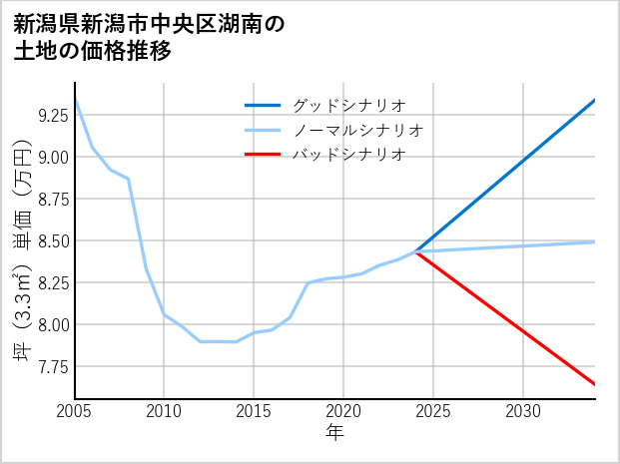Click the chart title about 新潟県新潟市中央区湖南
coord(150,38)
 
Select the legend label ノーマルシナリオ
coord(357,130)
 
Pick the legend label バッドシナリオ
coord(348,155)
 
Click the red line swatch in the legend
coord(265,155)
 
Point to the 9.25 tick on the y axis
coord(52,115)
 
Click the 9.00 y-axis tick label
coord(52,157)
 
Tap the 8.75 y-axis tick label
coord(52,199)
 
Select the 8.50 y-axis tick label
coord(52,240)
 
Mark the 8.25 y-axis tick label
coord(52,282)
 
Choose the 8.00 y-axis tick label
coord(52,324)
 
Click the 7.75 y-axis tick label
coord(52,366)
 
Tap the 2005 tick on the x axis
coord(75,411)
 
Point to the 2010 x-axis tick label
coord(164,411)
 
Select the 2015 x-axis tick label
coord(254,411)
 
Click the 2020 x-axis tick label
coord(343,411)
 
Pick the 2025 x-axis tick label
coord(433,411)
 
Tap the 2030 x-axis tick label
coord(523,411)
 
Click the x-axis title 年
coord(335,434)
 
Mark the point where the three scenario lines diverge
coord(415,251)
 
